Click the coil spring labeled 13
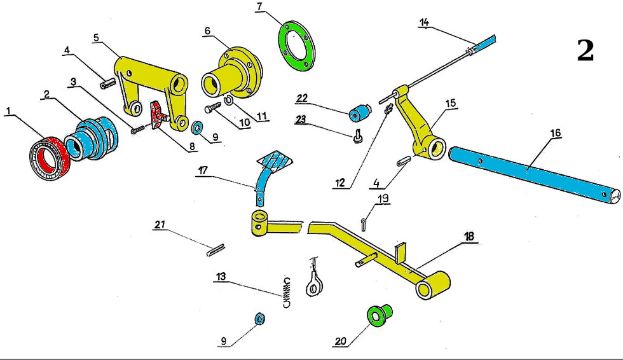287,292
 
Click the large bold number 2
585,51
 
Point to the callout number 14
425,23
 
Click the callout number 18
469,236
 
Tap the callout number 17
203,170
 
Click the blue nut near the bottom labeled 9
259,319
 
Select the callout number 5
96,37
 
